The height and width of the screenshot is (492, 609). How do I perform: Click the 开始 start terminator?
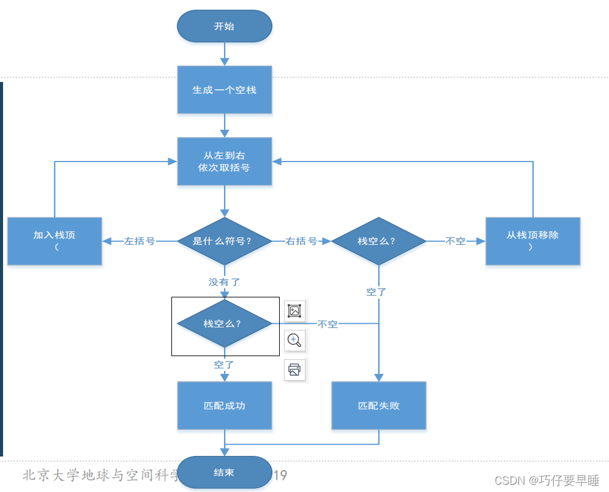point(224,26)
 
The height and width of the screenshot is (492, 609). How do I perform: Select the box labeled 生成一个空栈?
point(224,90)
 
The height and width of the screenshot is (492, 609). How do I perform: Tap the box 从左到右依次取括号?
point(224,162)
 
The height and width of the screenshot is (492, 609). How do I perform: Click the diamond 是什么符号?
point(224,241)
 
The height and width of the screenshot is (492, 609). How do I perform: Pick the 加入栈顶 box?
point(54,241)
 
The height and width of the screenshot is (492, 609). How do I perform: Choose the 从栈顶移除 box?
point(532,241)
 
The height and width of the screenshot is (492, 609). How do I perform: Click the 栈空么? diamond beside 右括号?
point(378,241)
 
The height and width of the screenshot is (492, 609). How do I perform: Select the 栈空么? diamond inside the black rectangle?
point(224,323)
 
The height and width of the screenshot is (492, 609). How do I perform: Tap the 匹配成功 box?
point(224,406)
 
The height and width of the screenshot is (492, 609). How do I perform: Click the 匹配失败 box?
point(378,406)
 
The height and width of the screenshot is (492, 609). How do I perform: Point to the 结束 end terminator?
point(224,473)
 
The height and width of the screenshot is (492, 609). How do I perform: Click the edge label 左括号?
point(140,241)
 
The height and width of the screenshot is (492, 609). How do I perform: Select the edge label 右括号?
point(301,241)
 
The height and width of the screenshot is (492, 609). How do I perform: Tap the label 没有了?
point(224,282)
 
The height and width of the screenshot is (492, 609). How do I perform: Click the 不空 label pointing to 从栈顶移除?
point(455,241)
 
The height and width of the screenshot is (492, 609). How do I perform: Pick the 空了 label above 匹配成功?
point(224,365)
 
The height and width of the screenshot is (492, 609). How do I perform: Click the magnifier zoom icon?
point(294,340)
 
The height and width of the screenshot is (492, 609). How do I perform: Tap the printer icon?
point(294,370)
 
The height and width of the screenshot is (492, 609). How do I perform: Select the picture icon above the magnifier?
point(294,311)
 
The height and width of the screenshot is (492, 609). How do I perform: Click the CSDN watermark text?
point(547,480)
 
